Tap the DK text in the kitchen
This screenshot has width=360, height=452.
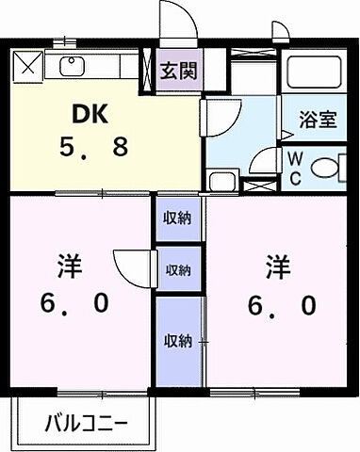(x=91, y=114)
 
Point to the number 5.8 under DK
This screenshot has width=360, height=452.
(x=91, y=148)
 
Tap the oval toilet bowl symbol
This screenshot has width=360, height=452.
(x=325, y=168)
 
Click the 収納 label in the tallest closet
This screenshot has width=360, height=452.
(x=178, y=339)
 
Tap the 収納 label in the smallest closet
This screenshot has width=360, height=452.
(x=178, y=270)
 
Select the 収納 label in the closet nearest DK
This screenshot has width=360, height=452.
(x=178, y=218)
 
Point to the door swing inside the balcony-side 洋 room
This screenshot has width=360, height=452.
(x=130, y=265)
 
